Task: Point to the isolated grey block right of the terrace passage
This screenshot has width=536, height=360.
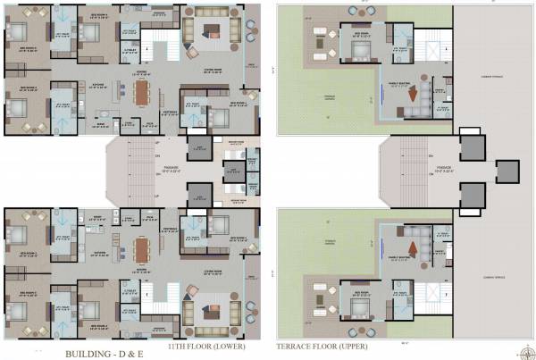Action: [507, 170]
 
